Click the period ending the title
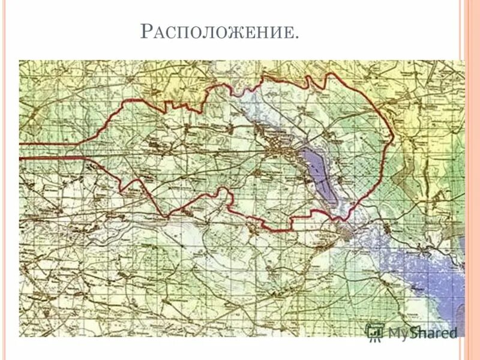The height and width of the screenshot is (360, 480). [x=296, y=38]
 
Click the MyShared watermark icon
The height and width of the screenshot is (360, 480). [x=375, y=332]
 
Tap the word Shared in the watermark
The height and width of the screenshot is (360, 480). [x=434, y=332]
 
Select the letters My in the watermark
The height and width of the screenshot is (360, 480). [x=398, y=333]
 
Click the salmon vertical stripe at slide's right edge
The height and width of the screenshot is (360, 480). [x=472, y=180]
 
